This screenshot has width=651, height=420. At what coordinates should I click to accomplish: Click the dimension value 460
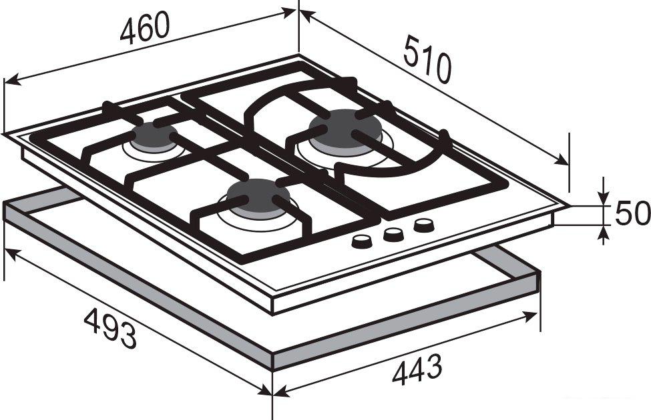click(145, 27)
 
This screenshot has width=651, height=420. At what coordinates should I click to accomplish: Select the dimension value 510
click(427, 59)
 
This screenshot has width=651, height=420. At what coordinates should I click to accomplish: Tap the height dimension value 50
click(632, 213)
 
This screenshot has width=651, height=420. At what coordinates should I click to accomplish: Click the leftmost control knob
click(362, 241)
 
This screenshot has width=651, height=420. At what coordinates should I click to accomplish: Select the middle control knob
click(393, 235)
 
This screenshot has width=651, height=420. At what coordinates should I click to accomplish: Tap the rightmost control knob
click(424, 225)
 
